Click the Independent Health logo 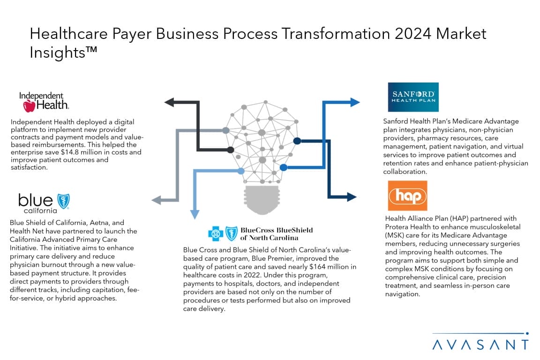pyautogui.click(x=44, y=102)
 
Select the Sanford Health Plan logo pyautogui.click(x=413, y=97)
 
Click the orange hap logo pyautogui.click(x=407, y=195)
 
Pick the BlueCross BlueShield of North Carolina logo pyautogui.click(x=261, y=233)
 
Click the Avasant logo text pyautogui.click(x=480, y=345)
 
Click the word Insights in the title pyautogui.click(x=58, y=52)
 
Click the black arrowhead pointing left pyautogui.click(x=169, y=102)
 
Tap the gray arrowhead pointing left pyautogui.click(x=157, y=200)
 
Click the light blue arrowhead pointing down pyautogui.click(x=195, y=214)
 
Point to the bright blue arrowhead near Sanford pyautogui.click(x=355, y=102)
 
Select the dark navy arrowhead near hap pyautogui.click(x=352, y=197)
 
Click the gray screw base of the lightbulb pyautogui.click(x=262, y=200)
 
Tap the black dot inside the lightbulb pyautogui.click(x=231, y=150)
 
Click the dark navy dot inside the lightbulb pyautogui.click(x=297, y=141)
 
